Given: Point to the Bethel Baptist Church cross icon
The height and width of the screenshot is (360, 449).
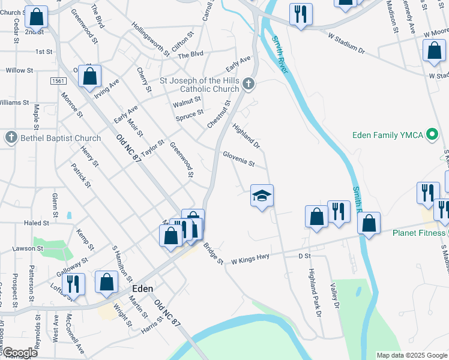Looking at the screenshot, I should [11, 138].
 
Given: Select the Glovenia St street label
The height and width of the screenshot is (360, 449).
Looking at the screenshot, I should [239, 158].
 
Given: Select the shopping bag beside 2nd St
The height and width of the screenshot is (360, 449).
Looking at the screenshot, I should [37, 18].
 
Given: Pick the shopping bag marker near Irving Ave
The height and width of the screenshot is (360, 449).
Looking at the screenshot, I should [90, 76].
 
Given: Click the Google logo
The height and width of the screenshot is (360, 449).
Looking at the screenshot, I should [19, 353].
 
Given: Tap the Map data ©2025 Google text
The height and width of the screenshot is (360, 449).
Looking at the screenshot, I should [412, 355].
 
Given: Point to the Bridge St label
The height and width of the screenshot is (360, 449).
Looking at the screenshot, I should [213, 254].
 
